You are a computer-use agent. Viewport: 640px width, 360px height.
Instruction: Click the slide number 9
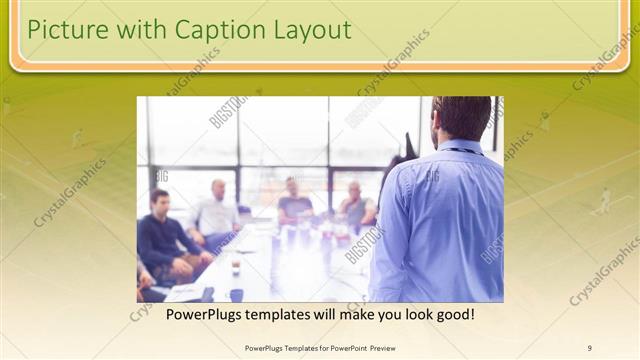click(x=590, y=348)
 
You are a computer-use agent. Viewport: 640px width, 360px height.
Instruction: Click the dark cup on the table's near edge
click(x=236, y=294)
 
